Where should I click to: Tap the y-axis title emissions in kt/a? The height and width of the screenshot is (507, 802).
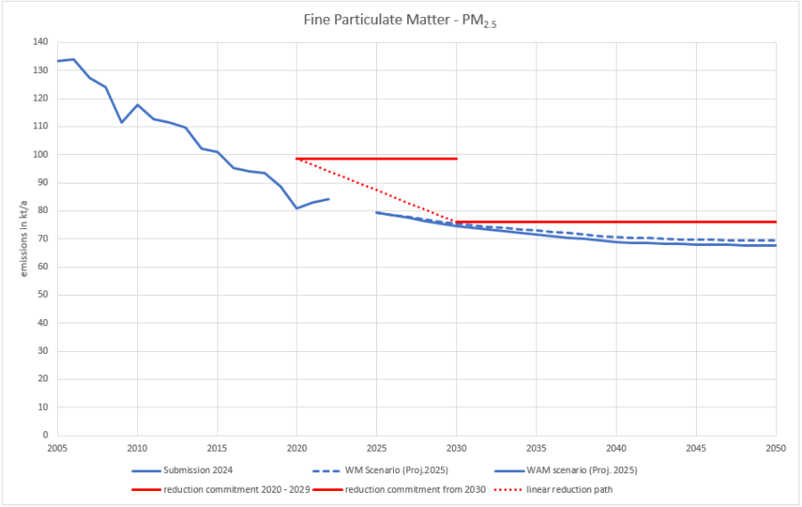26,238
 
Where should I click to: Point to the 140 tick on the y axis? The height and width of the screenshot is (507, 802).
40,42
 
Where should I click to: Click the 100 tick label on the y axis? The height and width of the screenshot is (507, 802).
40,155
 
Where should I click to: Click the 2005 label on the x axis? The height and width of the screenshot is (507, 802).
58,446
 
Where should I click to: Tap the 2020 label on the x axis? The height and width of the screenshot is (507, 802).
297,446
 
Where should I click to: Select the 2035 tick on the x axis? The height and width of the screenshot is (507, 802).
536,446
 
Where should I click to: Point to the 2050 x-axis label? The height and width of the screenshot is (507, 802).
775,446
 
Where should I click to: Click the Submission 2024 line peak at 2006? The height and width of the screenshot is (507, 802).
74,59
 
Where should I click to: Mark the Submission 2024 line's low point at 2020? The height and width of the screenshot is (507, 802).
297,209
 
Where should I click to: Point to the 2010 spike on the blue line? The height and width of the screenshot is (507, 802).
137,104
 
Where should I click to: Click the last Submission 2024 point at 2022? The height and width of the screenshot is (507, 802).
329,199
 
